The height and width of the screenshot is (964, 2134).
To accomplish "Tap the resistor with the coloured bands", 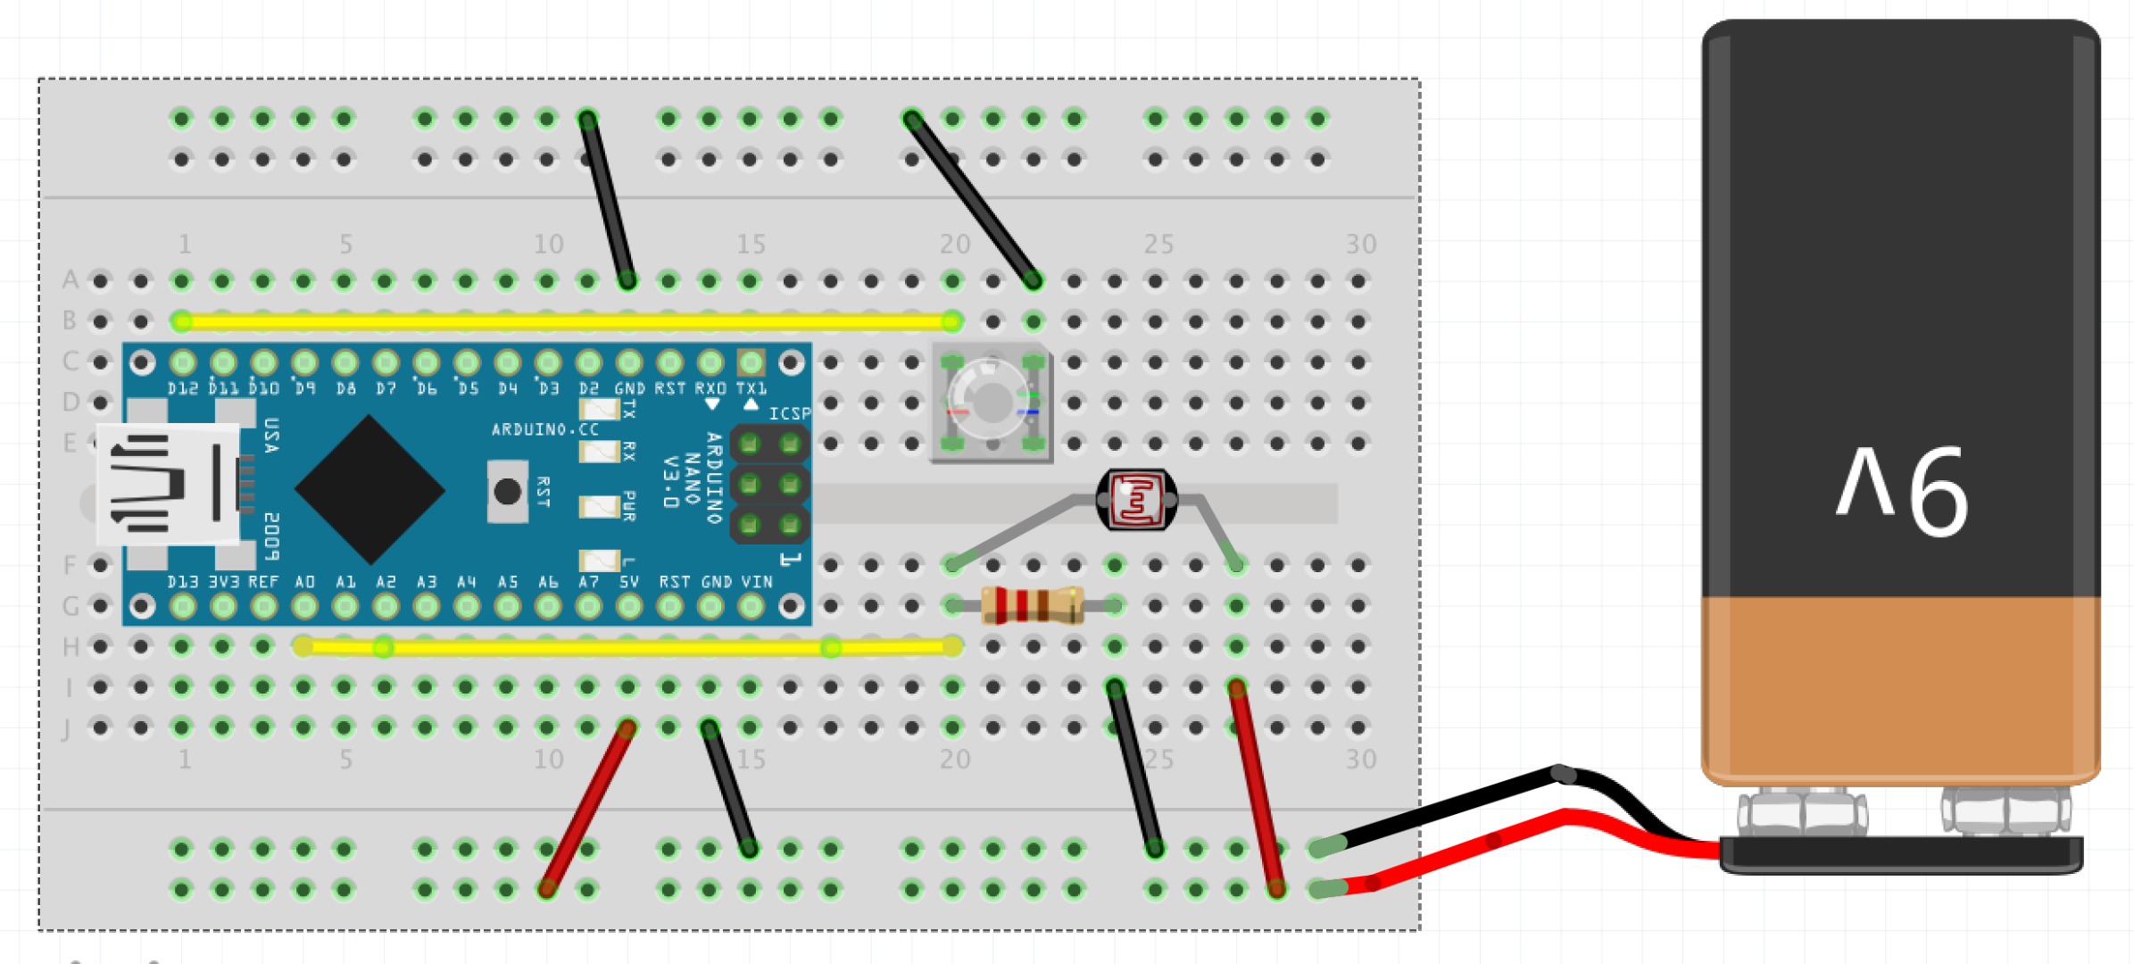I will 1032,605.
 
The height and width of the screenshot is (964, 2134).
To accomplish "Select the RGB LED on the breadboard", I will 992,403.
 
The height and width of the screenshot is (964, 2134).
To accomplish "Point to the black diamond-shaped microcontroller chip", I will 370,489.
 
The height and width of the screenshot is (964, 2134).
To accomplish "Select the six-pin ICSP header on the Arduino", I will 769,485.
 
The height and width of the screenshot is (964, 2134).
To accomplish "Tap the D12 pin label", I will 183,389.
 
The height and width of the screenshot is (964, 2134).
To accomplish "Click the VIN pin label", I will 757,582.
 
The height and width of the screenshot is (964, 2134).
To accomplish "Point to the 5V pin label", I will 629,582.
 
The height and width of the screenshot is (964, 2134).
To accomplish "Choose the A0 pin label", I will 304,582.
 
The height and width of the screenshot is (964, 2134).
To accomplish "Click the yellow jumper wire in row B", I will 567,320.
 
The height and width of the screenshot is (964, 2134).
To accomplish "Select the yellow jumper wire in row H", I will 625,647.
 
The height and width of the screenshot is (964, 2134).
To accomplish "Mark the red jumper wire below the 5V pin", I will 587,809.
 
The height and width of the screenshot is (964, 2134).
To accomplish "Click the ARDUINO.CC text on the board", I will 544,430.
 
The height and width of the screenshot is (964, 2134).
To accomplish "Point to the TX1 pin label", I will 751,389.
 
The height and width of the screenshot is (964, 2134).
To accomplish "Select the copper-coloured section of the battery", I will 1901,687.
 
